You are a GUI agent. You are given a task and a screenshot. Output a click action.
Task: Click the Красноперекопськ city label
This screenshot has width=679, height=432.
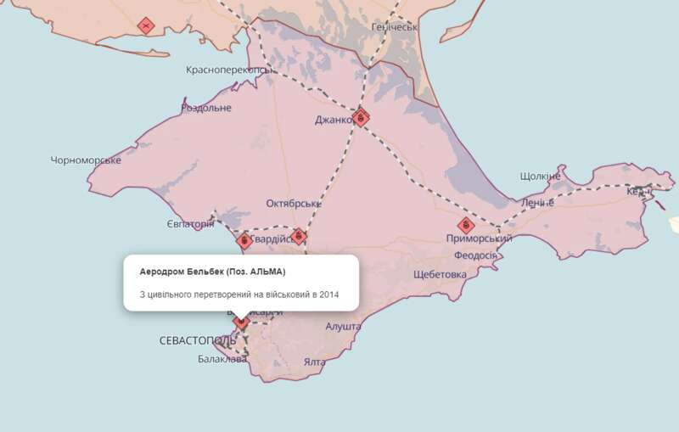tap(231, 70)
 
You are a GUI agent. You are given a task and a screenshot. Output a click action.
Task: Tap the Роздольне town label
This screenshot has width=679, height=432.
tap(206, 108)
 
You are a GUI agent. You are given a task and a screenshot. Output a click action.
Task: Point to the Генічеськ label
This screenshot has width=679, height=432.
tap(396, 27)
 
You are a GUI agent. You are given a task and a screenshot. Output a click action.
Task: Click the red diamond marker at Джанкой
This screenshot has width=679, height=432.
tap(362, 117)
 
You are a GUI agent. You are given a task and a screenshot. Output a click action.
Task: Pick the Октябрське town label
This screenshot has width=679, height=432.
tap(294, 204)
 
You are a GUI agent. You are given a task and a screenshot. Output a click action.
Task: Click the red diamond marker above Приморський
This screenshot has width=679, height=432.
tap(465, 225)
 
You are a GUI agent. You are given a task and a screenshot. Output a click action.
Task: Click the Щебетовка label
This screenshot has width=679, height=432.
tap(440, 275)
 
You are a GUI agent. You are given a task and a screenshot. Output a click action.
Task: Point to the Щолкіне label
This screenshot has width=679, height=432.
tap(540, 177)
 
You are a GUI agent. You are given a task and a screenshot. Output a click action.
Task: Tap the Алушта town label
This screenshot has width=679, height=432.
tap(343, 326)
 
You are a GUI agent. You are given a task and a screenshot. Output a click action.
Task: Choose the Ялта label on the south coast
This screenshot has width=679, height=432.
tap(314, 362)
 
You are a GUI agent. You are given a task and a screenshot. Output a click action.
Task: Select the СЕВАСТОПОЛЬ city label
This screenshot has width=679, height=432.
tap(198, 340)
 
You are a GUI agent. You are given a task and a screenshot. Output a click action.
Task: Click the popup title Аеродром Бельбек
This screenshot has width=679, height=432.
tap(212, 272)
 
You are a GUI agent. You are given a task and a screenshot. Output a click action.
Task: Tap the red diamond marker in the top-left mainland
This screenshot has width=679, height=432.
tap(147, 25)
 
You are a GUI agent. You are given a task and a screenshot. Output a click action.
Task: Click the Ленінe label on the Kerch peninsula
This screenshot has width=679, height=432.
tap(536, 204)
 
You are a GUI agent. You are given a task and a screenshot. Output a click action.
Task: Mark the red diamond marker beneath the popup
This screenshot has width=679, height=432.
tap(241, 320)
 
